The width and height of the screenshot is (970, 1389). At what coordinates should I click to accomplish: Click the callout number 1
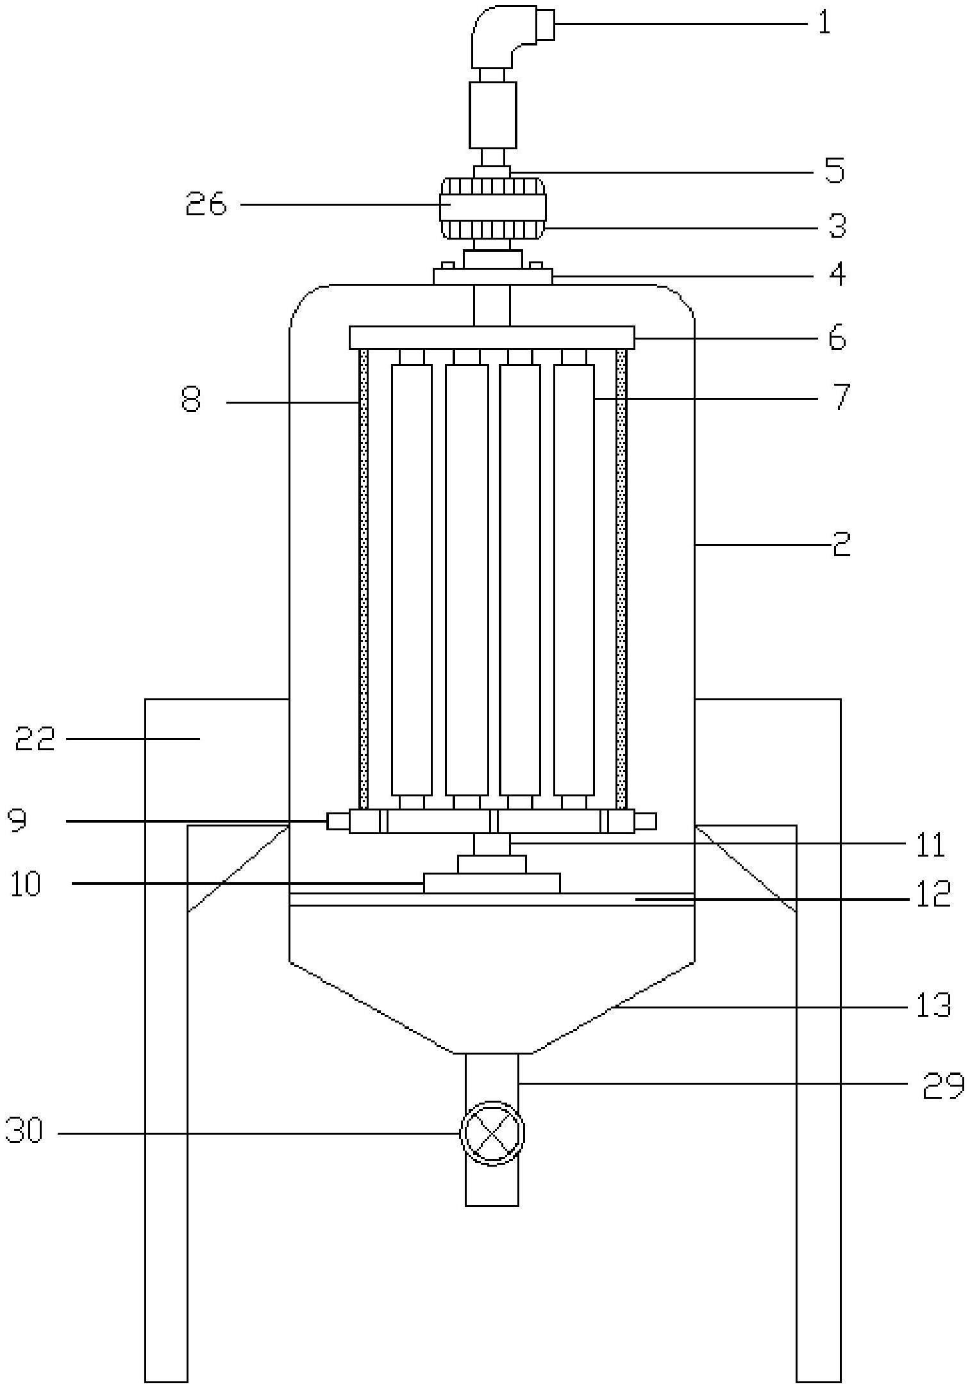pyautogui.click(x=824, y=23)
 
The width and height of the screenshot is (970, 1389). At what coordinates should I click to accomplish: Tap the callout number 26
pyautogui.click(x=206, y=204)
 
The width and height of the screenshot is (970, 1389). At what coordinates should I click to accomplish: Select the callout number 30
pyautogui.click(x=24, y=1131)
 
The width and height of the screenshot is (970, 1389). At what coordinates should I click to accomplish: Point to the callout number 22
pyautogui.click(x=35, y=739)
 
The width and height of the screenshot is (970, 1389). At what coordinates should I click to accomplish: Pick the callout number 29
pyautogui.click(x=943, y=1084)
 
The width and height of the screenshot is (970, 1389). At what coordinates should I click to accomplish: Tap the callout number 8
pyautogui.click(x=191, y=400)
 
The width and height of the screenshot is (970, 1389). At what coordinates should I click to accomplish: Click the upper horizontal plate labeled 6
pyautogui.click(x=492, y=338)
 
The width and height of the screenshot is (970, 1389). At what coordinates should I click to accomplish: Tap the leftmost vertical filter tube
pyautogui.click(x=411, y=580)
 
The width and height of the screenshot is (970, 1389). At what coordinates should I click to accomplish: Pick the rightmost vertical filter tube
pyautogui.click(x=574, y=580)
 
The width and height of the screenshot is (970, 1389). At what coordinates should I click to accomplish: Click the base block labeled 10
pyautogui.click(x=492, y=883)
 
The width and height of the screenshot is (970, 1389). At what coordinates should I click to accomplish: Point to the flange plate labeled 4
pyautogui.click(x=492, y=276)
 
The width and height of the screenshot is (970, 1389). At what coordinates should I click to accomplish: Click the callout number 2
pyautogui.click(x=841, y=543)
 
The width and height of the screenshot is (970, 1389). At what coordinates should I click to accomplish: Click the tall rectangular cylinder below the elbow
pyautogui.click(x=492, y=115)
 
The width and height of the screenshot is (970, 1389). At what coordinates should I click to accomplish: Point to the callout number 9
pyautogui.click(x=18, y=819)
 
